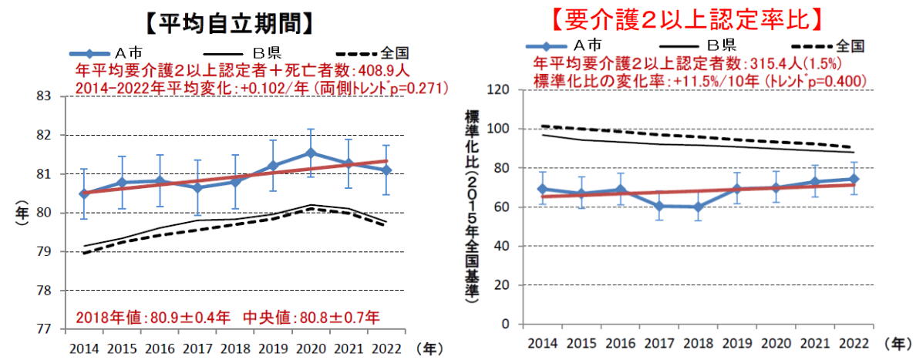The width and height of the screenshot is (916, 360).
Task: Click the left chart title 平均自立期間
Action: [232, 22]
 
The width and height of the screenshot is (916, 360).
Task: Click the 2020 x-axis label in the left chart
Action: [310, 348]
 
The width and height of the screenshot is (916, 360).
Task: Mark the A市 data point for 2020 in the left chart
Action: [310, 153]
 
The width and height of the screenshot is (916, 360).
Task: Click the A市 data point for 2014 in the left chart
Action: [84, 193]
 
